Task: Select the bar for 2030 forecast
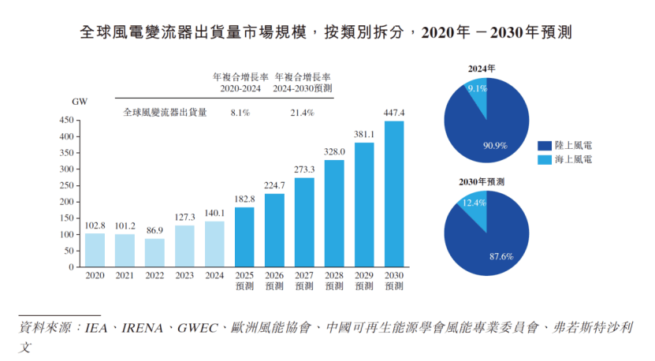coord(393,193)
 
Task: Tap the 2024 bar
coord(214,244)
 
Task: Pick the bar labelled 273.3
coord(304,222)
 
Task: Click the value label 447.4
coord(393,112)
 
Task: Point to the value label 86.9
coord(154,230)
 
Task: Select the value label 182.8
coord(245,199)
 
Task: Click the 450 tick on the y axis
coord(66,121)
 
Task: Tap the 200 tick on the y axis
coord(66,202)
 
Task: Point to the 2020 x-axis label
coord(95,275)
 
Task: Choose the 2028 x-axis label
coord(334,275)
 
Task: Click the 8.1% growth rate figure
coord(240,113)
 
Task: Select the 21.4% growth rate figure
coord(301,113)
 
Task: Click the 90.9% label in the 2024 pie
coord(494,145)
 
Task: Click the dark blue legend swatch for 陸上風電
coord(544,145)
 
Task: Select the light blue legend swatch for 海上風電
coord(544,160)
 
